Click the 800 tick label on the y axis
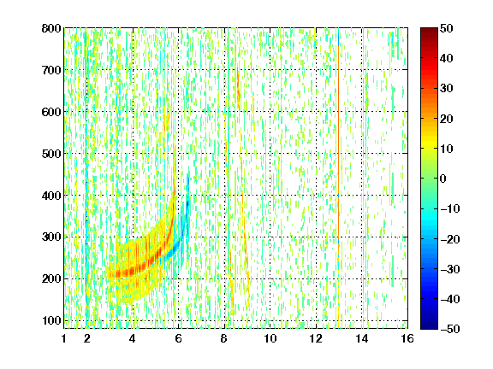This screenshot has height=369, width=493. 51,28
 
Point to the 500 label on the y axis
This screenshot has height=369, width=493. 51,154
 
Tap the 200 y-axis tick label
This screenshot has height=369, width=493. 51,279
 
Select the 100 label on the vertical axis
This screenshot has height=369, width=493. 51,320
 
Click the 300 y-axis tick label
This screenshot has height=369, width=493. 51,237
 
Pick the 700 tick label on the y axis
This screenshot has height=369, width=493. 51,70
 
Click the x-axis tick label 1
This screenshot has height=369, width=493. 64,339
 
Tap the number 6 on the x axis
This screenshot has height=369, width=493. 179,339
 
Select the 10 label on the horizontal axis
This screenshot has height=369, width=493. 270,339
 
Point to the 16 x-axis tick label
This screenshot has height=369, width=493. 407,339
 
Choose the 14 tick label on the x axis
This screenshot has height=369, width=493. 362,339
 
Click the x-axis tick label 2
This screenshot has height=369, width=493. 87,339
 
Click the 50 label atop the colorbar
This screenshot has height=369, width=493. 447,28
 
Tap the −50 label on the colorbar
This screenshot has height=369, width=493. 450,329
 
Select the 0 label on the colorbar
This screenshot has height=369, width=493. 443,179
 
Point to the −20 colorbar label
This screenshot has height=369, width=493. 450,239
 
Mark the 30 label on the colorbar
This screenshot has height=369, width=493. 447,89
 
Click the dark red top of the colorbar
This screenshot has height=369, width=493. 429,32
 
